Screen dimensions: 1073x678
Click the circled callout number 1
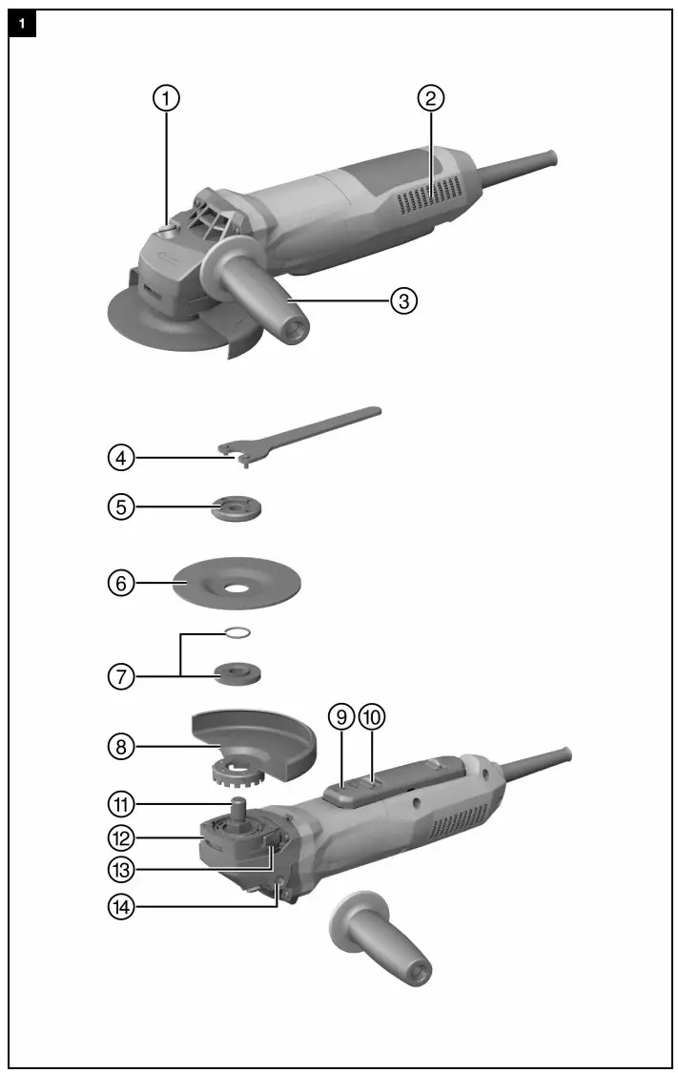click(x=168, y=98)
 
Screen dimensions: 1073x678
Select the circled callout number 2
click(x=431, y=98)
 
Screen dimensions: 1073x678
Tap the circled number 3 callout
click(x=404, y=300)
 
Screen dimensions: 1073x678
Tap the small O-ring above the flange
click(x=238, y=630)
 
